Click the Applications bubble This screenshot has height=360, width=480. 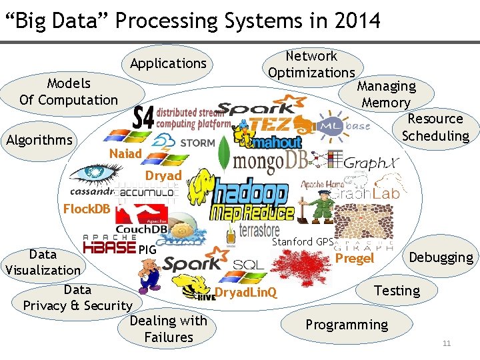point(168,64)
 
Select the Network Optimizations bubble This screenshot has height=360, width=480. point(311,65)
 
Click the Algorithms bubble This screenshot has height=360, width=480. point(39,140)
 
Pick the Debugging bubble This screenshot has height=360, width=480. point(441,257)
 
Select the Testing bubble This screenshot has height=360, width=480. point(397,291)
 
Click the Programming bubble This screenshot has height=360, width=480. point(346,325)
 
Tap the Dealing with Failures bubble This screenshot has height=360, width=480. point(168,329)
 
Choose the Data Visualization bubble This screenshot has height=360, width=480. point(43,262)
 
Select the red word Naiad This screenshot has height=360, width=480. point(125,154)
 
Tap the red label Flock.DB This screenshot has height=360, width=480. point(87,209)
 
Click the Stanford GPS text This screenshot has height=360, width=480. point(302,241)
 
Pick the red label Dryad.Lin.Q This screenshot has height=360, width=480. point(246,293)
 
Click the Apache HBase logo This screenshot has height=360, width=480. point(110,246)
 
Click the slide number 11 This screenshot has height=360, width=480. point(447,344)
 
